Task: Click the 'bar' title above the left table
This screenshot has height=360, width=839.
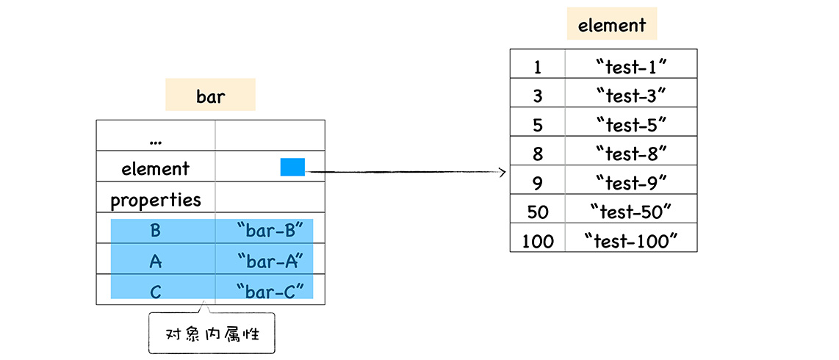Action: [210, 96]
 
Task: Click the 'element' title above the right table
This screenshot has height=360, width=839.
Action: [611, 25]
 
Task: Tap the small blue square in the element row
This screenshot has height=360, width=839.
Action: [292, 168]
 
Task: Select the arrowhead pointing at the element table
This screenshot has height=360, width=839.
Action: [503, 173]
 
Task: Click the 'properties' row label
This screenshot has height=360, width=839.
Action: [155, 200]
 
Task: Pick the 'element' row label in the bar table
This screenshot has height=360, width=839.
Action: [155, 168]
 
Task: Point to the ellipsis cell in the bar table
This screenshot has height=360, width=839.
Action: [155, 138]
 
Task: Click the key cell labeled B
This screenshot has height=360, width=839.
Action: [155, 231]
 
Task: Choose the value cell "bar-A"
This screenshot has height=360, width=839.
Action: [270, 262]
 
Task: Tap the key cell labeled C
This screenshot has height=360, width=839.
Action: [155, 292]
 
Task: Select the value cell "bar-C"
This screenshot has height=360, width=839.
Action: [270, 292]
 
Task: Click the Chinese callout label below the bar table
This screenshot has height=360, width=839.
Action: [212, 334]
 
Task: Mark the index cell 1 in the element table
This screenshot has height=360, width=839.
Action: [538, 67]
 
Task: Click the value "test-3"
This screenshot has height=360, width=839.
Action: [631, 96]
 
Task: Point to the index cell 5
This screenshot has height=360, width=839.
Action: [538, 125]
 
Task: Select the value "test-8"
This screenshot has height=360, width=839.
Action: [631, 154]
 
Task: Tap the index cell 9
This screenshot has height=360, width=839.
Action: [538, 182]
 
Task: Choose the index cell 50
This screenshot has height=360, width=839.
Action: [538, 212]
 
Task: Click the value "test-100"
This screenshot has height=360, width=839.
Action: [630, 240]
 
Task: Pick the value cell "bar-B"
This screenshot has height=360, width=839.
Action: [270, 231]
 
